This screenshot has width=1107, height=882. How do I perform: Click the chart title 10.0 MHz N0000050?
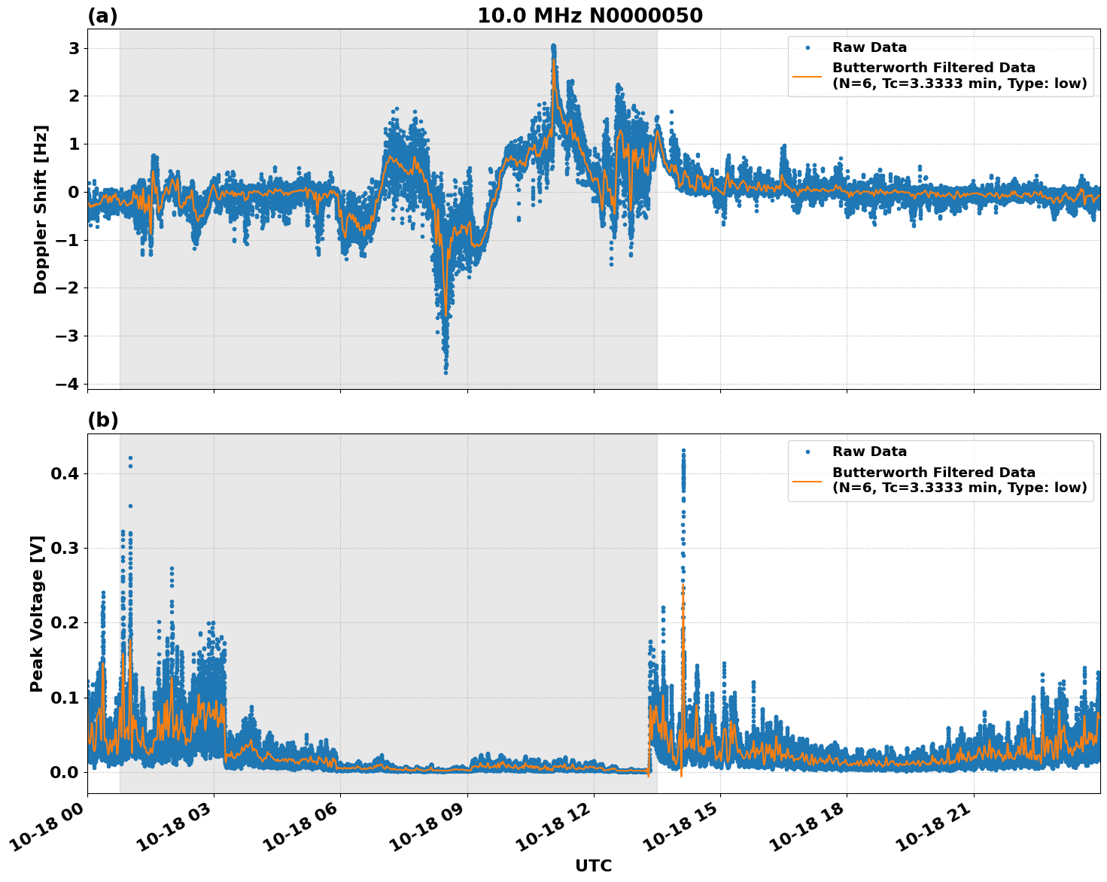pos(590,16)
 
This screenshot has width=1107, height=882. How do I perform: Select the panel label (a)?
pos(102,16)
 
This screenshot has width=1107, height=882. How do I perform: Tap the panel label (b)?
pos(102,420)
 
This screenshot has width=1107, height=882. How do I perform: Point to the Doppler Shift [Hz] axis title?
pos(41,209)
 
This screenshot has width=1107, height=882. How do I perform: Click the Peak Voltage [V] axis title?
pos(37,613)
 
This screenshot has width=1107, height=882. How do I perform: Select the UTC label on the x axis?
pos(593,865)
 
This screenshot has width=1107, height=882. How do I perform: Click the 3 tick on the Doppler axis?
pos(74,48)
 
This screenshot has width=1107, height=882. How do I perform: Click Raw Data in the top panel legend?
pos(869,47)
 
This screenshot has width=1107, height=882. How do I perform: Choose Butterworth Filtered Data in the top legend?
pos(933,68)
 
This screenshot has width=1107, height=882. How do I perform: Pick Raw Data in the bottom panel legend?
pos(869,452)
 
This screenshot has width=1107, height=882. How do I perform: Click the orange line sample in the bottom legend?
pos(808,479)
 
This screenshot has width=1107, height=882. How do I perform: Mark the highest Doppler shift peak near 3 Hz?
pos(553,47)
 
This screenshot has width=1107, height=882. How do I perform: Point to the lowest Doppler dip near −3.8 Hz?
pos(446,372)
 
